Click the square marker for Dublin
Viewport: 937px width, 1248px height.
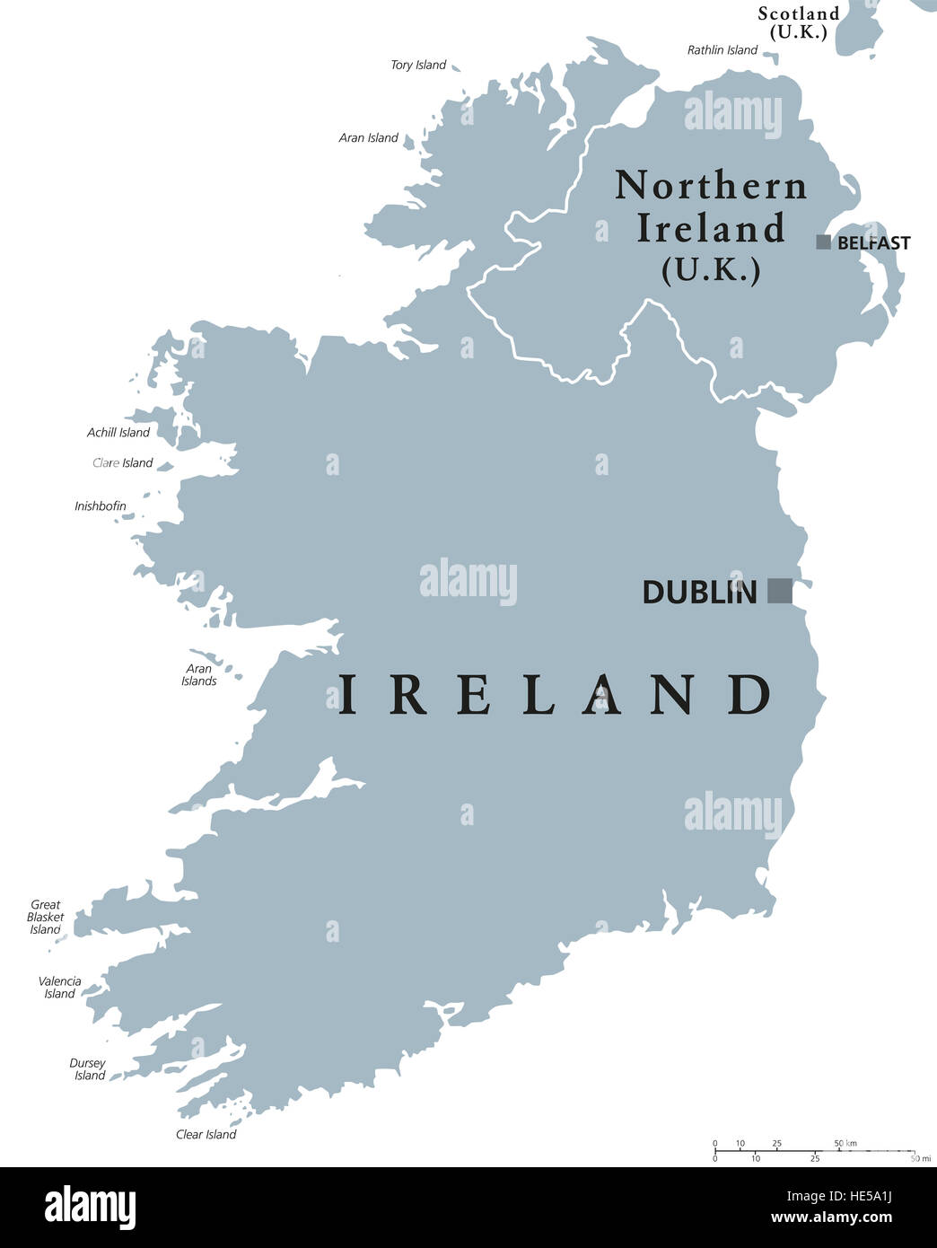tap(780, 591)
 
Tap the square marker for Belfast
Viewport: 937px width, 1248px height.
tap(823, 242)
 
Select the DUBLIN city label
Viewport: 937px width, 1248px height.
tap(699, 593)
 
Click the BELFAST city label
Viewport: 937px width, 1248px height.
tap(873, 243)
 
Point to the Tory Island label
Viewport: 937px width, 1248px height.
tap(418, 65)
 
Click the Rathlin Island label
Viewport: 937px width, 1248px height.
tap(722, 50)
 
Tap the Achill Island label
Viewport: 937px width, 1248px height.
tap(118, 433)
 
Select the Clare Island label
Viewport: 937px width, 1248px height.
tap(123, 463)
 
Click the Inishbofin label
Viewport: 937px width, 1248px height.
tap(101, 506)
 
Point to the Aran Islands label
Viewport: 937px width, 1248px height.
tap(199, 674)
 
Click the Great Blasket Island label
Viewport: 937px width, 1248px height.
tap(46, 917)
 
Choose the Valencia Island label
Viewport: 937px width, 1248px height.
tap(60, 988)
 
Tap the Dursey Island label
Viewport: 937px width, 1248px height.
tap(88, 1069)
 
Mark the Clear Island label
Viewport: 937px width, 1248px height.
tap(206, 1134)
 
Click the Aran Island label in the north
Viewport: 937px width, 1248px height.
tap(368, 138)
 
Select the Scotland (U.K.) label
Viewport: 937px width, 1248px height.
tap(799, 22)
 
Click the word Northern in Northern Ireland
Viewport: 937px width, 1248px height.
tap(711, 186)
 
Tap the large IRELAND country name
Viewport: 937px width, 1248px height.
tap(554, 695)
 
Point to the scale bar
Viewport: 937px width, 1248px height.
tap(814, 1151)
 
